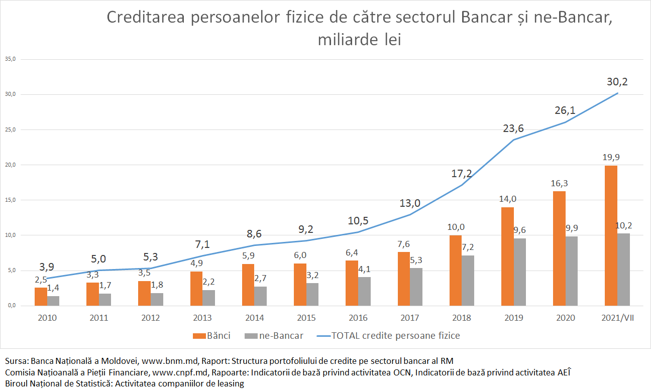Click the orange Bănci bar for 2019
507,256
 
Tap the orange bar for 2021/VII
611,235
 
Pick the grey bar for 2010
53,301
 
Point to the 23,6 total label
513,128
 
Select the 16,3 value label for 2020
559,183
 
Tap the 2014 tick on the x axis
254,318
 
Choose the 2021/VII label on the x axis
617,318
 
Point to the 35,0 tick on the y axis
10,59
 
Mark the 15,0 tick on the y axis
10,200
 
